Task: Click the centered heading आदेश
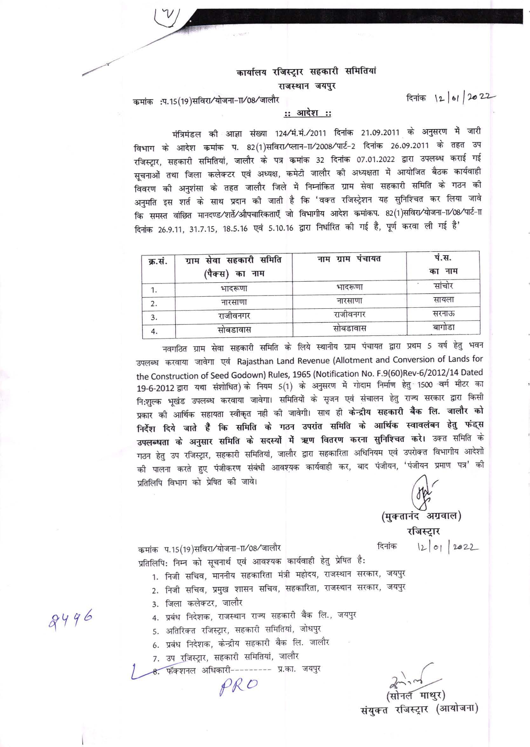(306, 113)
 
